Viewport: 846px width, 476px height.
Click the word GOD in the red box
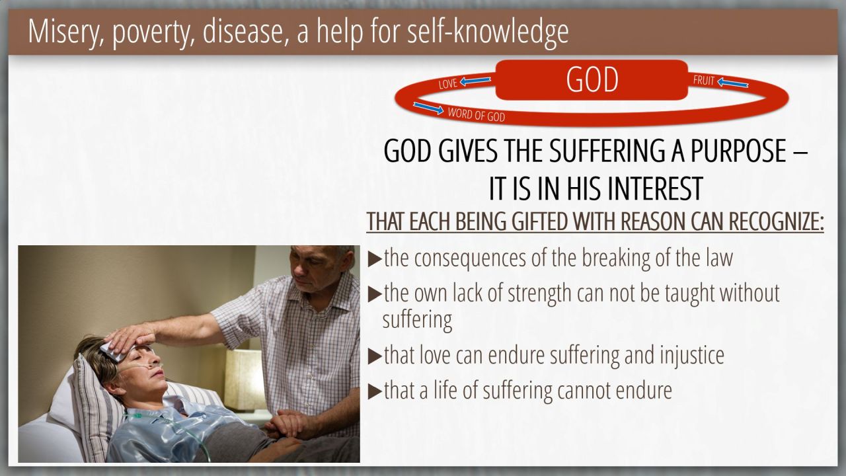592,79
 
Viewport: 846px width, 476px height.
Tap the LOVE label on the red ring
448,83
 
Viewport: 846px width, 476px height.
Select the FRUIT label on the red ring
704,80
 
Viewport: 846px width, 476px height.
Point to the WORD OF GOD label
477,114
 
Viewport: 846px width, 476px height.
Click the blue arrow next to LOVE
475,81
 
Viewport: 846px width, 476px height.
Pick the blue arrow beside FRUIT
733,83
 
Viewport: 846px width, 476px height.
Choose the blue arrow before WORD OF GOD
428,108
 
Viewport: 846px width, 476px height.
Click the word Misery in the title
66,32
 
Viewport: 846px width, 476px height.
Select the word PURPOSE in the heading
738,151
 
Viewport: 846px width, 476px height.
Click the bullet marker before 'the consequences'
374,259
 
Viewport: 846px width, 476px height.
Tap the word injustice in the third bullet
692,355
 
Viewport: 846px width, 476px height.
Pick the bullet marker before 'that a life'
374,391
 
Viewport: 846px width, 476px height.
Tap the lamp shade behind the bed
245,379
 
